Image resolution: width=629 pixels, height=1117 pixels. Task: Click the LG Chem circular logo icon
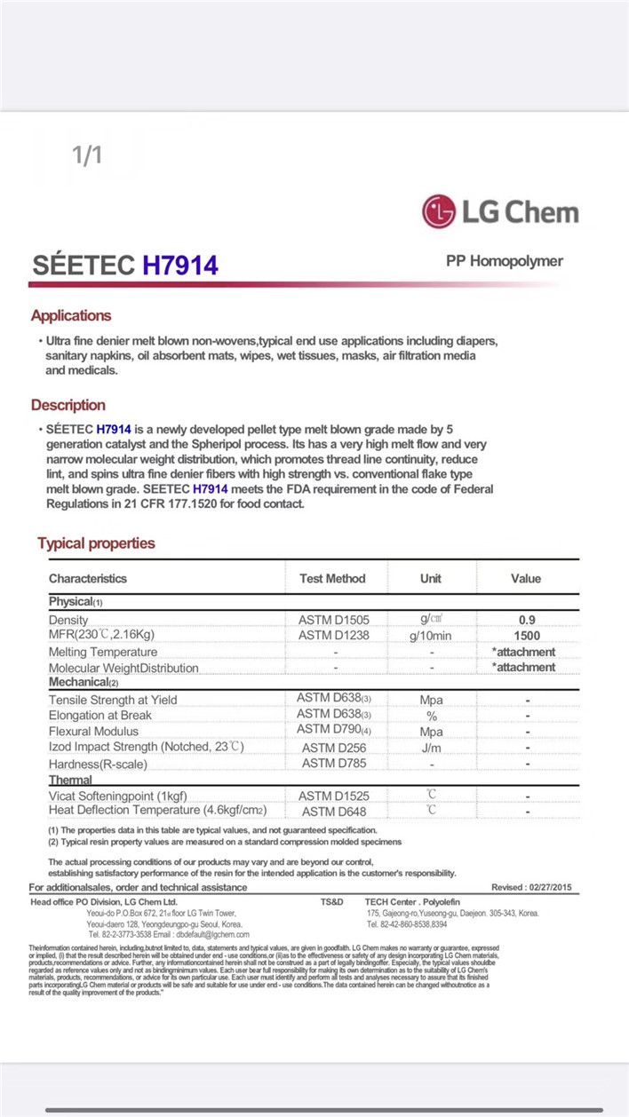point(439,212)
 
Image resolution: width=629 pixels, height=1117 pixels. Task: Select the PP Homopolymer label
point(505,261)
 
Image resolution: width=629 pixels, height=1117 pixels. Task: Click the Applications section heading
point(71,315)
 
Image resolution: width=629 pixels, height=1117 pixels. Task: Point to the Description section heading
point(68,405)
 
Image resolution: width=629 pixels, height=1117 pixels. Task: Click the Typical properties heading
point(96,543)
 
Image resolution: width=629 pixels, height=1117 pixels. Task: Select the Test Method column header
point(332,578)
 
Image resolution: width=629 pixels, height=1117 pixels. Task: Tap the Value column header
point(526,578)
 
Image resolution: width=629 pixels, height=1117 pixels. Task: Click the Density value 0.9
point(527,620)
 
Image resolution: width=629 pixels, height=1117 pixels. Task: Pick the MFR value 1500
point(527,636)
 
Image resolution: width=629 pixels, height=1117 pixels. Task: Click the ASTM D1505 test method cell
point(332,619)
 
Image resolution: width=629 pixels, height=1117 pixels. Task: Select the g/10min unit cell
point(431,636)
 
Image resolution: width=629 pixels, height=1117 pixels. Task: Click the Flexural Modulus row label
point(93,731)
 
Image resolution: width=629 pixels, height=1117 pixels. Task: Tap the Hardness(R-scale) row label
point(98,764)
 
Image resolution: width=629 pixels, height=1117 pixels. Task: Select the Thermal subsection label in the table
point(70,780)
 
